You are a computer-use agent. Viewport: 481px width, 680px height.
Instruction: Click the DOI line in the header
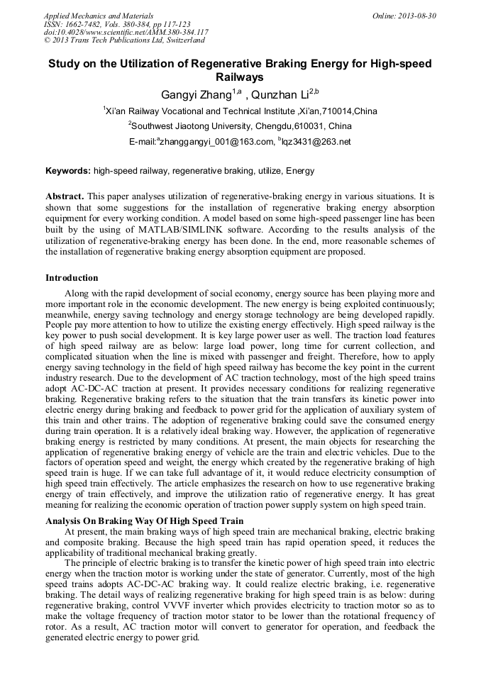click(x=126, y=32)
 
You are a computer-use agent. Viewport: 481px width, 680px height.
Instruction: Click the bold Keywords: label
click(x=68, y=171)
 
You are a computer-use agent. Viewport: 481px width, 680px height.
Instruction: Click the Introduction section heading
click(x=72, y=277)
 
